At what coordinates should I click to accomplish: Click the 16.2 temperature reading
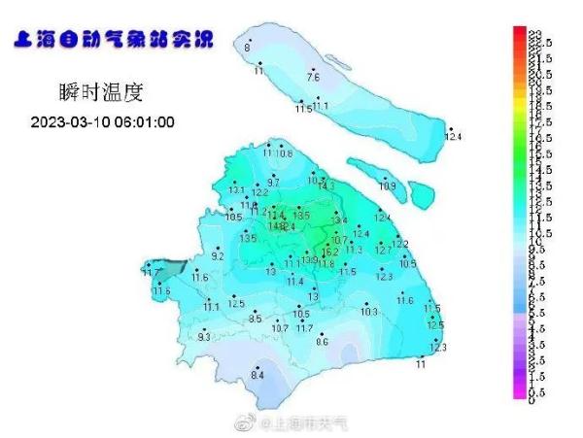point(329,252)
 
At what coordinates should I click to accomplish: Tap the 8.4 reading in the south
point(258,375)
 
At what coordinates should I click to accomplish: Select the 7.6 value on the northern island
point(313,76)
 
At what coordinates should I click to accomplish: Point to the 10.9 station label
point(388,185)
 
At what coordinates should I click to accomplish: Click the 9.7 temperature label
point(273,182)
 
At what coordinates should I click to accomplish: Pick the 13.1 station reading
point(236,189)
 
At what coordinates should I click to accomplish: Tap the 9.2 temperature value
point(218,256)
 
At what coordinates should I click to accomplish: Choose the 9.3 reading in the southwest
point(204,336)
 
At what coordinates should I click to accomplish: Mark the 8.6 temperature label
point(323,341)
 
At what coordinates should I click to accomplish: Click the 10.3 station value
point(369,312)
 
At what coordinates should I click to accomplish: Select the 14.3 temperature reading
point(326,185)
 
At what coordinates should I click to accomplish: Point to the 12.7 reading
point(383,251)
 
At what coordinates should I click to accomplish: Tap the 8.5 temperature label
point(256,319)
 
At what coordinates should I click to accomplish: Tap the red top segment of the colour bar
point(520,35)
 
